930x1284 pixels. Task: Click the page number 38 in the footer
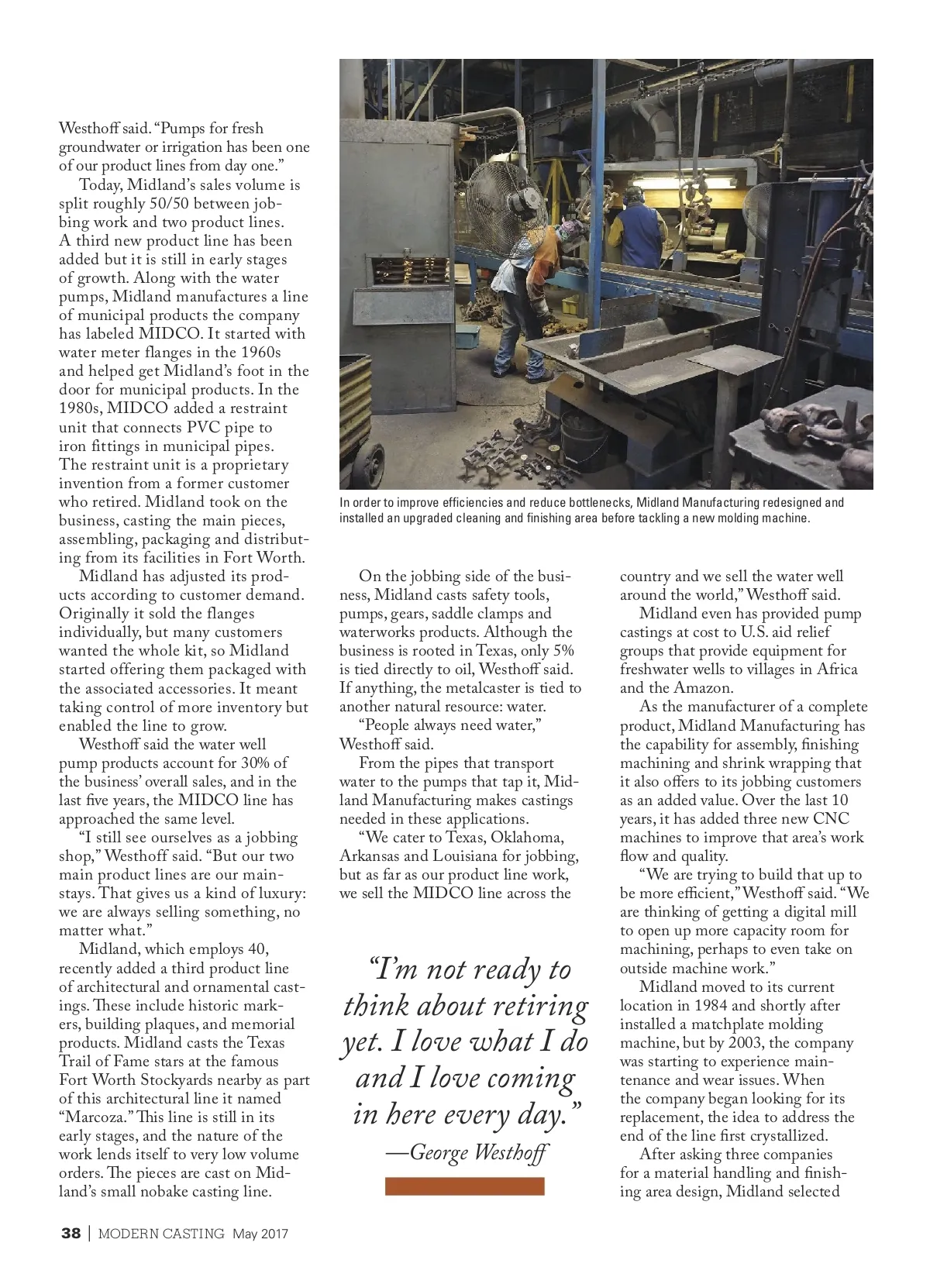71,1234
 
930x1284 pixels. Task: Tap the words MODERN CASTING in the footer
161,1234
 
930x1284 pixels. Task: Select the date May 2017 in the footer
260,1234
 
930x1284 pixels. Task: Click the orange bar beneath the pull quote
464,1186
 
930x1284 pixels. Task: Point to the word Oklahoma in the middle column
525,838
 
